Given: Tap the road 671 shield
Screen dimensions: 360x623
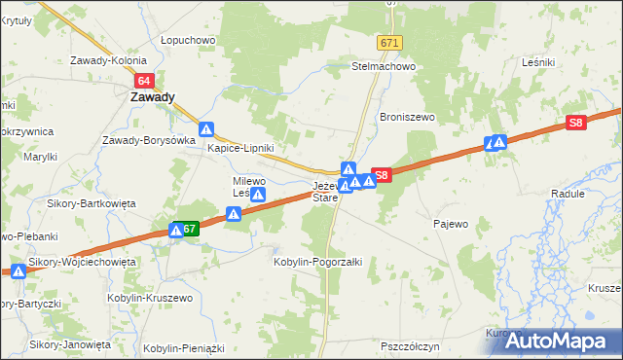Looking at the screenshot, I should [x=390, y=44].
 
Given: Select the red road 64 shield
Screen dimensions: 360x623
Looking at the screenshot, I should [x=144, y=81].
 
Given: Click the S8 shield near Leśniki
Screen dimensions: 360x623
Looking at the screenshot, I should [x=576, y=124].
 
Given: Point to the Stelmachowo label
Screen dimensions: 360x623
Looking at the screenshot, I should [x=384, y=67].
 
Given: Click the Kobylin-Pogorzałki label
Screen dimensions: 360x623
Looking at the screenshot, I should [x=318, y=262].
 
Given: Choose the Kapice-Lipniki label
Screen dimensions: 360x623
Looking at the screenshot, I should [x=238, y=149].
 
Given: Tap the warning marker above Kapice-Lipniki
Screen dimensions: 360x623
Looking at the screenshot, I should [x=206, y=129].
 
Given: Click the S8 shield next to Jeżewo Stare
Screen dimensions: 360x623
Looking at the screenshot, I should [x=382, y=176].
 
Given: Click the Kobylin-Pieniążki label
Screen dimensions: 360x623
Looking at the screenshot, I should [x=184, y=347].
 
